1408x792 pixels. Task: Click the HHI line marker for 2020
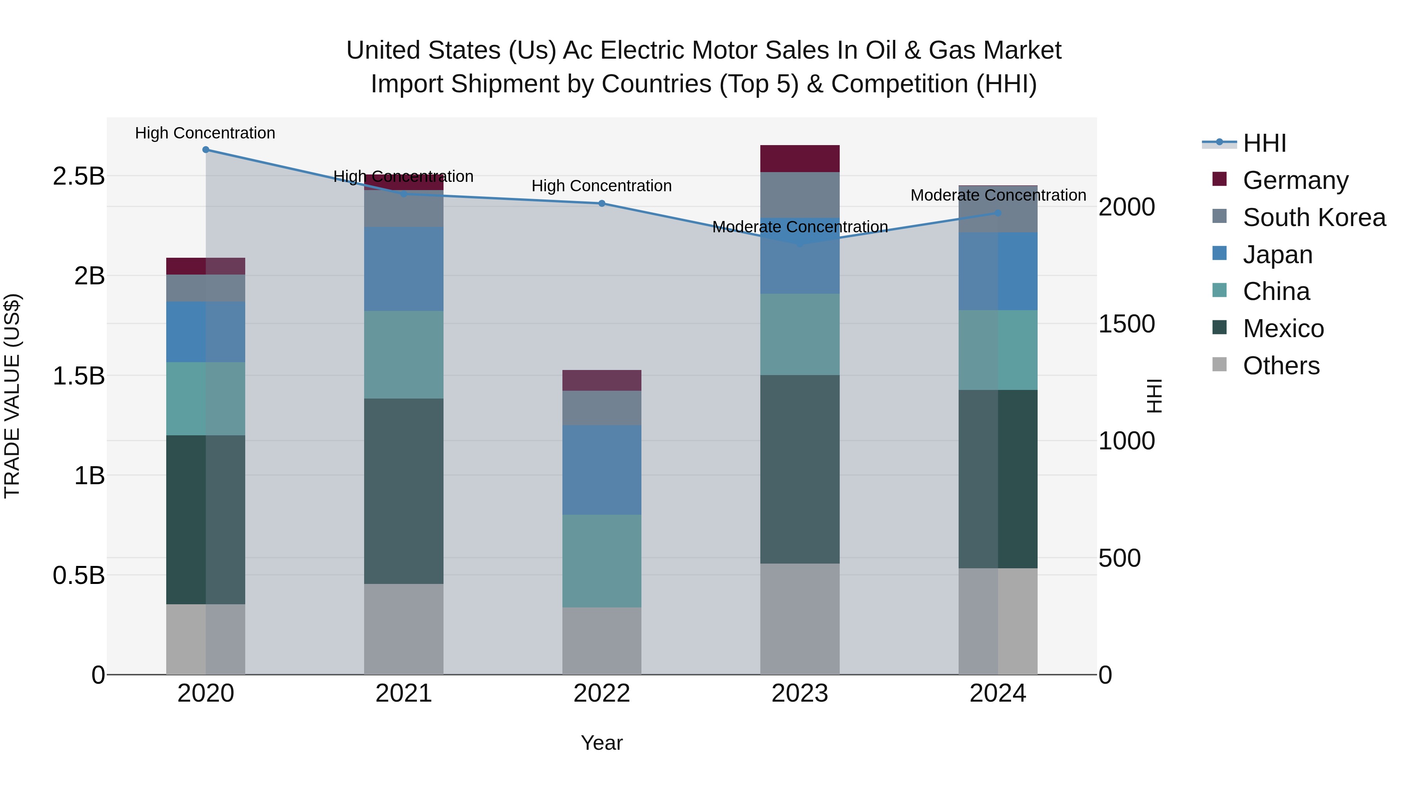tap(205, 150)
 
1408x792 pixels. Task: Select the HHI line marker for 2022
tap(602, 203)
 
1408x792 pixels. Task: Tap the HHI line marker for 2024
tap(997, 213)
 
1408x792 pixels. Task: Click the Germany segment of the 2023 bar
tap(800, 158)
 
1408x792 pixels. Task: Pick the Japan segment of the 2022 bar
tap(602, 470)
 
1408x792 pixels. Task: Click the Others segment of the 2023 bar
tap(800, 619)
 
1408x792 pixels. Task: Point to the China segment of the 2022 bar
tap(602, 561)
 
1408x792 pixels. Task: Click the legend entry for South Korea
tap(1314, 217)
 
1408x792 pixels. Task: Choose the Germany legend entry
tap(1295, 180)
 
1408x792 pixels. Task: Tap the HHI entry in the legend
tap(1264, 144)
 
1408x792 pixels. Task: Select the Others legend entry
tap(1280, 366)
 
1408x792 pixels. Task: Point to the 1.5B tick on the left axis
tap(79, 376)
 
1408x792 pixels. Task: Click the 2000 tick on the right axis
tap(1126, 207)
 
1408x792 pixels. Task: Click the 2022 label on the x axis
tap(602, 693)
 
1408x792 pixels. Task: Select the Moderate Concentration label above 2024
tap(997, 195)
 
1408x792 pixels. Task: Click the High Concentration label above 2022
tap(602, 186)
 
